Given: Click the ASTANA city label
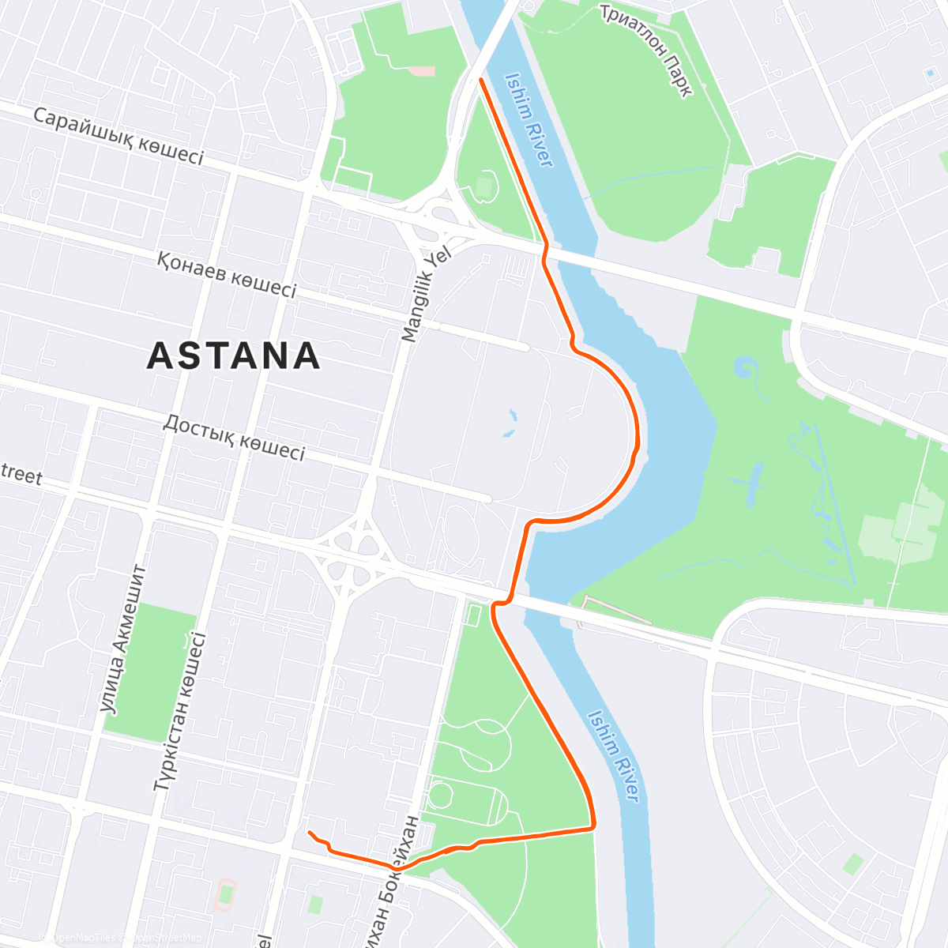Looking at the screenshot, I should tap(234, 355).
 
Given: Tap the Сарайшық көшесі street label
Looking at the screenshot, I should tap(118, 137).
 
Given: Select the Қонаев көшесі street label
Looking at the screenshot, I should tap(227, 274).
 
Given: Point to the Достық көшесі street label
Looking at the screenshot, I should tap(234, 437).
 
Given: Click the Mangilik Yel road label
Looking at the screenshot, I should tap(425, 294).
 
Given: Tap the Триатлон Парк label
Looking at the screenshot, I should tap(646, 51).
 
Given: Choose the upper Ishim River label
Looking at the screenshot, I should tap(529, 119).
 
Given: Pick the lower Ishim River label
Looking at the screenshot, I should tap(614, 755).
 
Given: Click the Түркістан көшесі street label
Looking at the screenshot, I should tap(180, 712).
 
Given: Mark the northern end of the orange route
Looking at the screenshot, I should tap(481, 80).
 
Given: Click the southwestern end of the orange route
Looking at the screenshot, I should tap(310, 833).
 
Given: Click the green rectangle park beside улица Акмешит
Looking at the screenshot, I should tap(150, 672).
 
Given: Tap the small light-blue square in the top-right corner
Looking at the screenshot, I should tap(928, 73).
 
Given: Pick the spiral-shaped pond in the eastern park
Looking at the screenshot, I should tap(744, 368).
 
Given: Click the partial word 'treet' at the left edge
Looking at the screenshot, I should tap(21, 475).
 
